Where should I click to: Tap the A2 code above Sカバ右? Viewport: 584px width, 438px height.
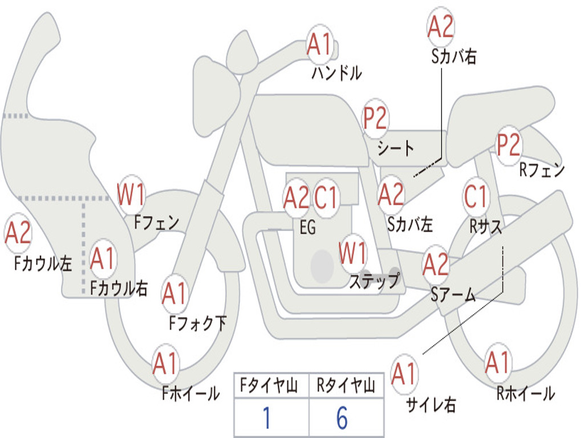(440, 26)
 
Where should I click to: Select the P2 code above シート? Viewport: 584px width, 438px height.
(375, 119)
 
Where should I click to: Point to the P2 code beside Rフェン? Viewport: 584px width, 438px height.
(508, 145)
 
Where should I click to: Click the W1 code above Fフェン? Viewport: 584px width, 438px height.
(131, 194)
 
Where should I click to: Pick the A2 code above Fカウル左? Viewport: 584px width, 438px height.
(18, 234)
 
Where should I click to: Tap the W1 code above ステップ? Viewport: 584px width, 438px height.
(352, 253)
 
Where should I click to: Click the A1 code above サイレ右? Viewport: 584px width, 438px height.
(404, 374)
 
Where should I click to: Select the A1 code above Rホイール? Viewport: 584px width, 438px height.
(497, 363)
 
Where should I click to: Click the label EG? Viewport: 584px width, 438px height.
(307, 227)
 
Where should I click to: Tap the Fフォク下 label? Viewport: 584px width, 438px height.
(197, 323)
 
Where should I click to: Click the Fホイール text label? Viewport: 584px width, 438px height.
(191, 393)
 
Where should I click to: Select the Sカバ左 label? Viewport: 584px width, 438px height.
(409, 224)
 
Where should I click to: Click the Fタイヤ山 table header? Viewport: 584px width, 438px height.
(271, 386)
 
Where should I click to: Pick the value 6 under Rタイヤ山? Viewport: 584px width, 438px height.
(342, 418)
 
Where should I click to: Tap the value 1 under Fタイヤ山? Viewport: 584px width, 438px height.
(266, 418)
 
